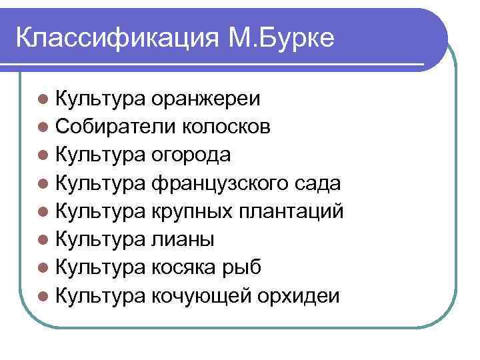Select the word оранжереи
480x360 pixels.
point(206,99)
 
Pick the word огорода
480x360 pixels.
point(192,155)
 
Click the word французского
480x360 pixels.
point(219,183)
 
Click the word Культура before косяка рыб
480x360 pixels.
point(100,267)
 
